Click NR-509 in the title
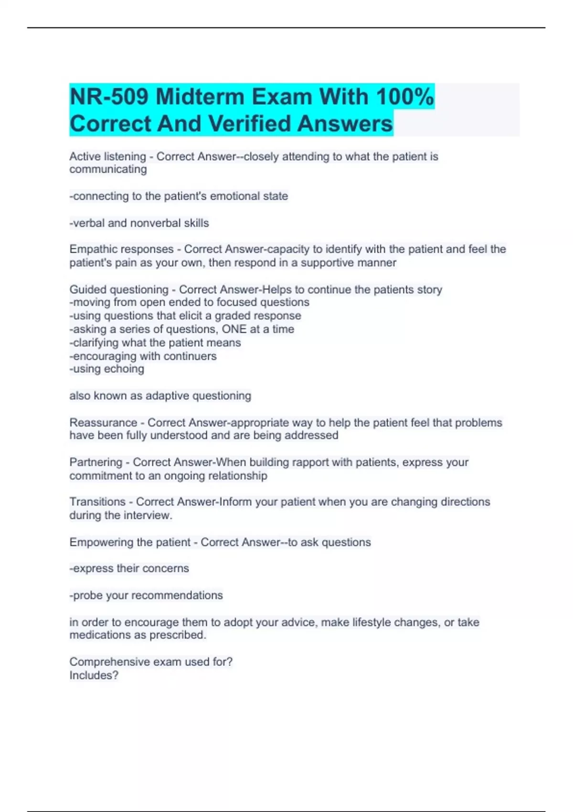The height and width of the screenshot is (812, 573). [109, 97]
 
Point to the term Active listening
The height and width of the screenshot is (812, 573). [107, 157]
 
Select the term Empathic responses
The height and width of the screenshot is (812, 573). [121, 249]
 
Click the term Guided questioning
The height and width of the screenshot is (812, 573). [118, 290]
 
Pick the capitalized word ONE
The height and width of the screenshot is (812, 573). [234, 329]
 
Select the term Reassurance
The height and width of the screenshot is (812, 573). [103, 423]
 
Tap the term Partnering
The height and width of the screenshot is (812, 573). [95, 462]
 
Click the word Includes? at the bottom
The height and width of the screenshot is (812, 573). [94, 675]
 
